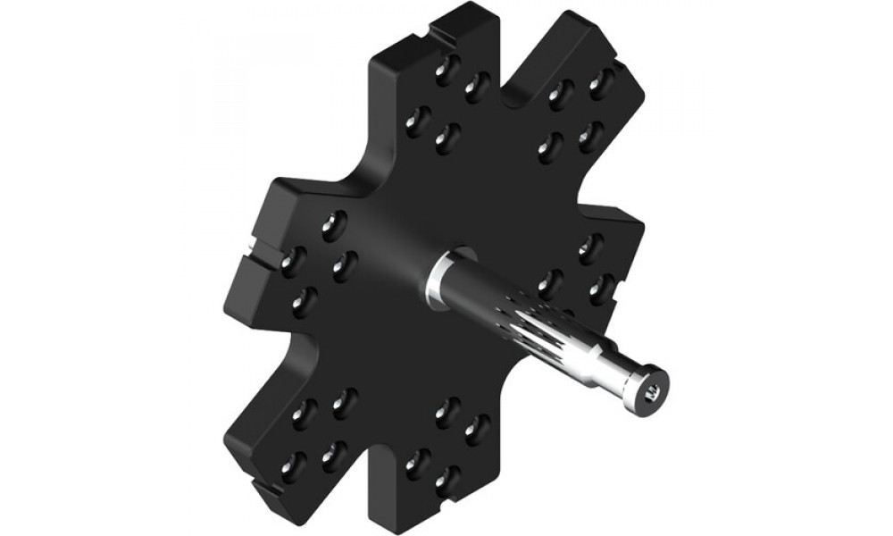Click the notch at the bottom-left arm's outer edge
pyautogui.click(x=264, y=489)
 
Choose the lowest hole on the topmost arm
pyautogui.click(x=446, y=138)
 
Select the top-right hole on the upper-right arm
pyautogui.click(x=601, y=81)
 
